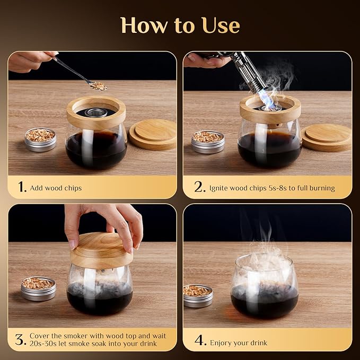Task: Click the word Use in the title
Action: [x=221, y=25]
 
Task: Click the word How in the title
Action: [x=144, y=25]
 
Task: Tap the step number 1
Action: [x=22, y=187]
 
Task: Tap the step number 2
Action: [x=199, y=187]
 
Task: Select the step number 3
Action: [x=21, y=339]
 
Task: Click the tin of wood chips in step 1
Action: [x=40, y=139]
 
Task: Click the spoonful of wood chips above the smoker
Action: [x=98, y=86]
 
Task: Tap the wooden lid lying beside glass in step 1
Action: [x=153, y=134]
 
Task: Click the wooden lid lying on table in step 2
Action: [x=327, y=137]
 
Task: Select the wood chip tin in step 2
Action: [x=208, y=142]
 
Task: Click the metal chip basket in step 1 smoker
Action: [x=96, y=112]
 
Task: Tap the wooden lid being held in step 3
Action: [x=101, y=250]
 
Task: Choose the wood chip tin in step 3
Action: [x=38, y=288]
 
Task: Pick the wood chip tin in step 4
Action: [x=198, y=296]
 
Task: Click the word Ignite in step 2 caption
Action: [x=218, y=188]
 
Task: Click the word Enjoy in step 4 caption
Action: [x=219, y=343]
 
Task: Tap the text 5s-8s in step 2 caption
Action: [x=278, y=188]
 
